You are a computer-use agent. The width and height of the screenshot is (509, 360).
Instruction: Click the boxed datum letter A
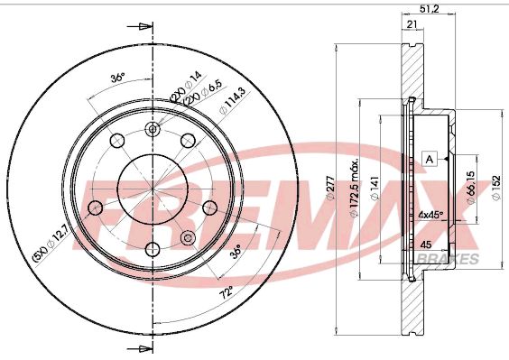430,160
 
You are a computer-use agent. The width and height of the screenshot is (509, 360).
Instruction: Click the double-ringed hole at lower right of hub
188,237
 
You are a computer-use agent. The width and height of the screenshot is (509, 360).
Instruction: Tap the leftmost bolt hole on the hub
95,208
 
